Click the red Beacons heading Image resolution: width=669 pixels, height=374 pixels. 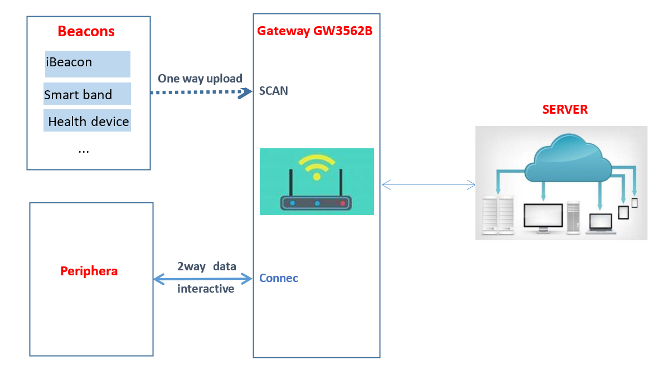click(86, 31)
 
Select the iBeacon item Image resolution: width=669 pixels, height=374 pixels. click(69, 62)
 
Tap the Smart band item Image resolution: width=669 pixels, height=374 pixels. click(78, 95)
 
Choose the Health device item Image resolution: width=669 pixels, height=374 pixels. click(88, 122)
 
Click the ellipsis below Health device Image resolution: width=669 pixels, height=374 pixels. click(84, 150)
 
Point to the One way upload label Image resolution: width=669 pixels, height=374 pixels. click(200, 79)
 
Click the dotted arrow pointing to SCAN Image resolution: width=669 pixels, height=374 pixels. click(198, 93)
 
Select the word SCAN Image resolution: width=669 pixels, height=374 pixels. click(274, 91)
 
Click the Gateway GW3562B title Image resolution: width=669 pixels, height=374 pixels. click(314, 31)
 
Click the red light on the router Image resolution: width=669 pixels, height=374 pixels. click(343, 204)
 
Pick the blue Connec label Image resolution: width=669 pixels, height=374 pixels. click(279, 278)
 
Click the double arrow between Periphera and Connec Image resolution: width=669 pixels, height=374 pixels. click(203, 278)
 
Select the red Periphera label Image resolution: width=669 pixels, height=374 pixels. click(89, 271)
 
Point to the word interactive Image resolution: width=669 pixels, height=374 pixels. click(206, 289)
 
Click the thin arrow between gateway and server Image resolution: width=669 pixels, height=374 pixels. click(428, 185)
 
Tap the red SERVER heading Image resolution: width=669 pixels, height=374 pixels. click(565, 109)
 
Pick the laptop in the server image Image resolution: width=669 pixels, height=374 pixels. click(601, 223)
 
